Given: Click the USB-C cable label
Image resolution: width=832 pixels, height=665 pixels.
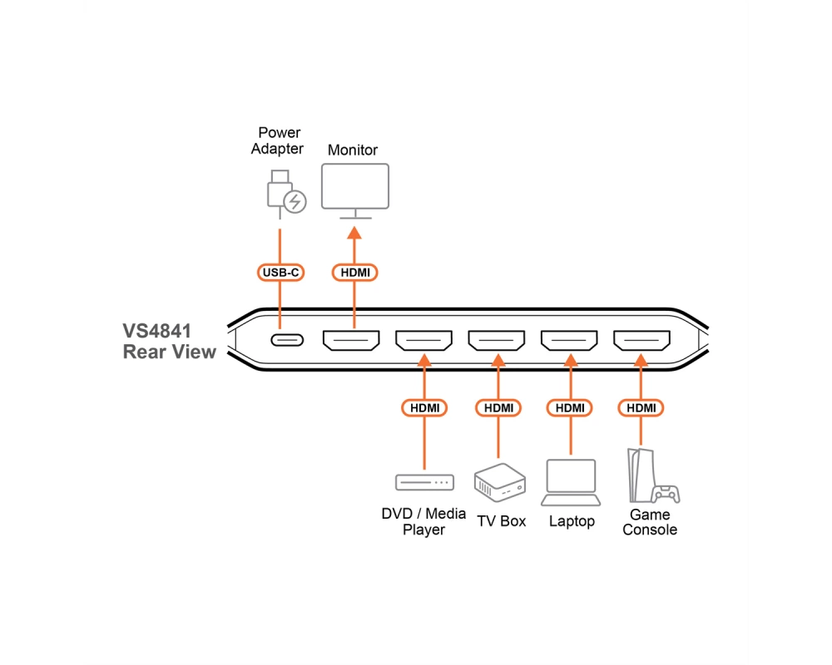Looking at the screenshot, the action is point(280,272).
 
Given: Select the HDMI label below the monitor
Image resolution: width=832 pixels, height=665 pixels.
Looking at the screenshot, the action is point(354,272).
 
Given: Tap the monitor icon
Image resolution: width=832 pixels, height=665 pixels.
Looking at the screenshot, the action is point(355,191).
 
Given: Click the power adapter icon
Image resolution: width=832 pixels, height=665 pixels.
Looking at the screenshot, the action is point(286,194).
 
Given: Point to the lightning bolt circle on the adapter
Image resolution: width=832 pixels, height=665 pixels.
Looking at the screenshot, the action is point(295,201).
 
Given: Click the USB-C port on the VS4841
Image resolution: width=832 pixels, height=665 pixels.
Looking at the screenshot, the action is point(287,340).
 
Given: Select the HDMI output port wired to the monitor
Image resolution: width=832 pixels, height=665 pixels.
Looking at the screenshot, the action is point(351,341).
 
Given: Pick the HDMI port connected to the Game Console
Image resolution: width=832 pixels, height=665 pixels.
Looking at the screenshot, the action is point(641,341).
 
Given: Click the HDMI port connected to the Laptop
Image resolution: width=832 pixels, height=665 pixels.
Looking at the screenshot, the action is point(569,341).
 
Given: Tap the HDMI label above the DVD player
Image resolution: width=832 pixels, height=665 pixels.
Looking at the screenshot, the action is point(424,408).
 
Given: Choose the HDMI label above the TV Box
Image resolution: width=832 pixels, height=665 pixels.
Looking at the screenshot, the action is point(498,408).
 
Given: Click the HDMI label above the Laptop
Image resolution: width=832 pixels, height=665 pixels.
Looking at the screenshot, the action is point(569,408).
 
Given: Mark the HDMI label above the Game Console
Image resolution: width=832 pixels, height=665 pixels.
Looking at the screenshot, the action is point(641,408).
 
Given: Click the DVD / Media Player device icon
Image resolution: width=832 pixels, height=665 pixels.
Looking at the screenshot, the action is point(424,482).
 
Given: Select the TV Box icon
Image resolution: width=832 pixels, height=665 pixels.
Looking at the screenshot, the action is point(499,482).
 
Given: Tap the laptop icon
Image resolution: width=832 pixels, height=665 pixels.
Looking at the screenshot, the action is point(571,482).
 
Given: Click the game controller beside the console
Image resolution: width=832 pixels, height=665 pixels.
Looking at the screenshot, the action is point(666,493).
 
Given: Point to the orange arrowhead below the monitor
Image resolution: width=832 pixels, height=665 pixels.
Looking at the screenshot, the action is point(354,233).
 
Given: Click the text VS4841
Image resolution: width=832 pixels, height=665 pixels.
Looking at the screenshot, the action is point(156,331).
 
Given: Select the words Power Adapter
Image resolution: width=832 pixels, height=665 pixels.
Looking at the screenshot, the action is point(278,140).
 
